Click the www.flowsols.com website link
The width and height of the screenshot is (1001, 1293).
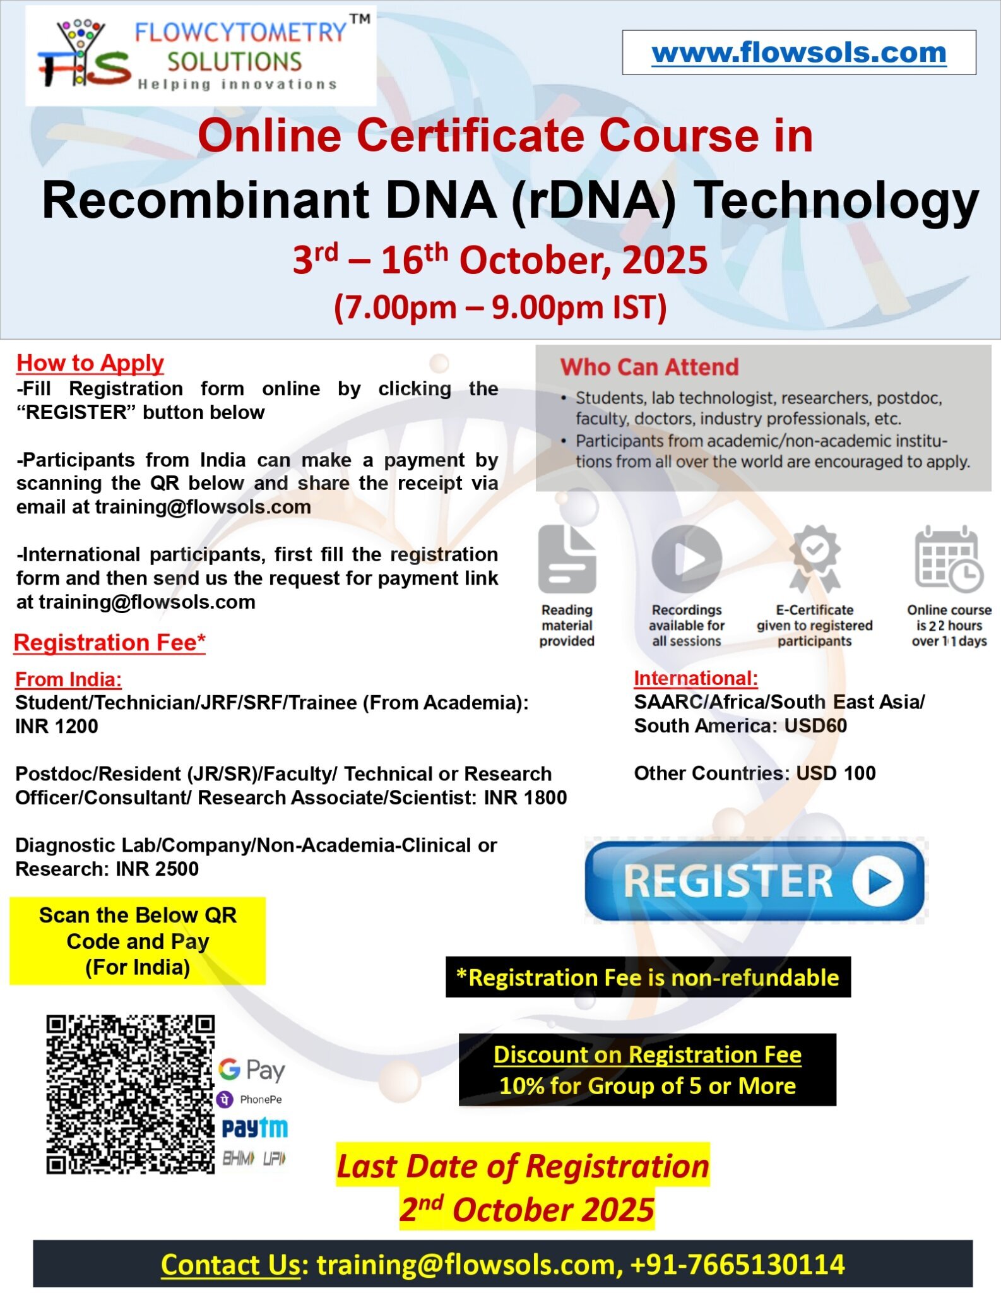tap(798, 52)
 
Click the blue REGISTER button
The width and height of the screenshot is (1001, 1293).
tap(755, 881)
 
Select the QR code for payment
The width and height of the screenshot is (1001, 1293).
tap(131, 1095)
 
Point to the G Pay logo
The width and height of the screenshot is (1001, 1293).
tap(252, 1070)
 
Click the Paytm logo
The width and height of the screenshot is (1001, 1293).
tap(254, 1128)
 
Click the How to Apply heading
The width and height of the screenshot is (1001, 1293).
tap(90, 363)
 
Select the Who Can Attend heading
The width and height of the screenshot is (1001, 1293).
tap(649, 367)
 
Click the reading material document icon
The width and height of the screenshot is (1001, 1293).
tap(567, 559)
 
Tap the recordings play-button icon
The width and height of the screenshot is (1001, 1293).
tap(687, 559)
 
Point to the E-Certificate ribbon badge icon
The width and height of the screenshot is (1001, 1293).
tap(815, 559)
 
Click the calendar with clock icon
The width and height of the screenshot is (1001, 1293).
tap(949, 559)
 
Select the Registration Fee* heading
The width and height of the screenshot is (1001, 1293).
tap(110, 642)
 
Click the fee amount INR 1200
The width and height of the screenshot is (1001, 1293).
tap(57, 726)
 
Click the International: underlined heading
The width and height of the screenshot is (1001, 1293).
tap(696, 678)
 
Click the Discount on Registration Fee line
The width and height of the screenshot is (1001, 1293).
tap(648, 1054)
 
